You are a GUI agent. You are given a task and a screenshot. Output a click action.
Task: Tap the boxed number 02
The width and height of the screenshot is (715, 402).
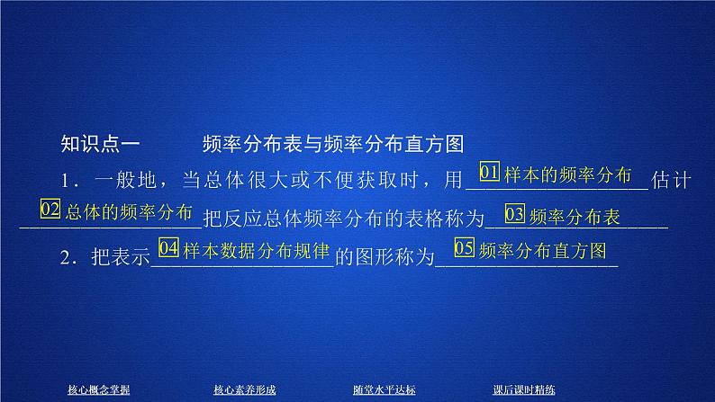point(51,211)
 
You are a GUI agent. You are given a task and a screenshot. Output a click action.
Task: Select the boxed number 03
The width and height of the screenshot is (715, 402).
point(515,215)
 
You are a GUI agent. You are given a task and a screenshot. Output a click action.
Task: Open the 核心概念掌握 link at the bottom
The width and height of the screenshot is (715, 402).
point(99,389)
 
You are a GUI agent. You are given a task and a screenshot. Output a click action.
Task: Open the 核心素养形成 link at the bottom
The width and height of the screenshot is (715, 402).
point(244,389)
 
